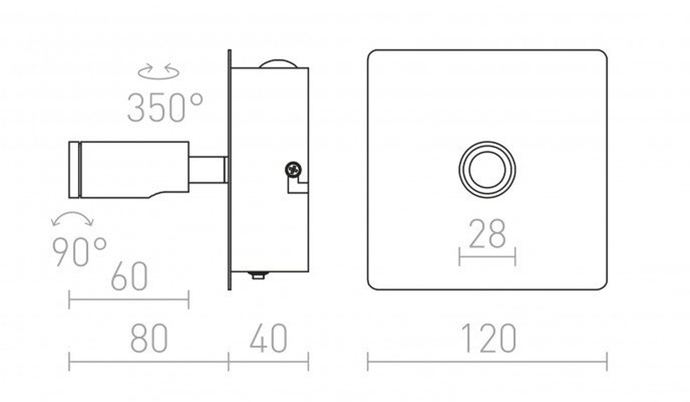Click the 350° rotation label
pos(165,107)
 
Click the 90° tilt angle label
pos(79,252)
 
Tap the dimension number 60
pos(129,276)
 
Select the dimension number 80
pos(149,338)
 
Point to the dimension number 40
pos(269,338)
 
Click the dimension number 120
pos(488,338)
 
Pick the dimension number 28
pos(488,233)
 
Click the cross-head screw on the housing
pos(293,169)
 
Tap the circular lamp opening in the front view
pos(488,170)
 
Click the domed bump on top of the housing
pos(278,63)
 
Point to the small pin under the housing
pos(258,275)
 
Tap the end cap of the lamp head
pos(74,170)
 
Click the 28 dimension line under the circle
pos(488,257)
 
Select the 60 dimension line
pos(129,299)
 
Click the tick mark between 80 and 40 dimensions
pos(229,362)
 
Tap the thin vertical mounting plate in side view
pos(229,170)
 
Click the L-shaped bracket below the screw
pos(298,187)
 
